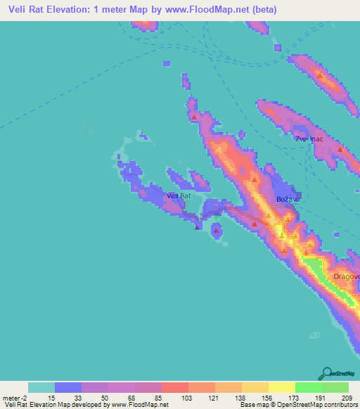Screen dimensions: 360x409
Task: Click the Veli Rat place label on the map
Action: [179, 195]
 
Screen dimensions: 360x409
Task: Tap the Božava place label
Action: [288, 200]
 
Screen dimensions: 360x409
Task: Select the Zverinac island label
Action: [309, 139]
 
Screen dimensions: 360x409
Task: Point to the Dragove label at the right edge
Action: [347, 276]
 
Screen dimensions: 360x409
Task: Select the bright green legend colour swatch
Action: [308, 387]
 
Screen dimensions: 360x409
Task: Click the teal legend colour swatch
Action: [41, 387]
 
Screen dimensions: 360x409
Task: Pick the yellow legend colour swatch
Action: [281, 387]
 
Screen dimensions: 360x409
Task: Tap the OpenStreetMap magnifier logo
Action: [326, 374]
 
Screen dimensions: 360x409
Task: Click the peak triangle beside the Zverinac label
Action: [341, 150]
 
